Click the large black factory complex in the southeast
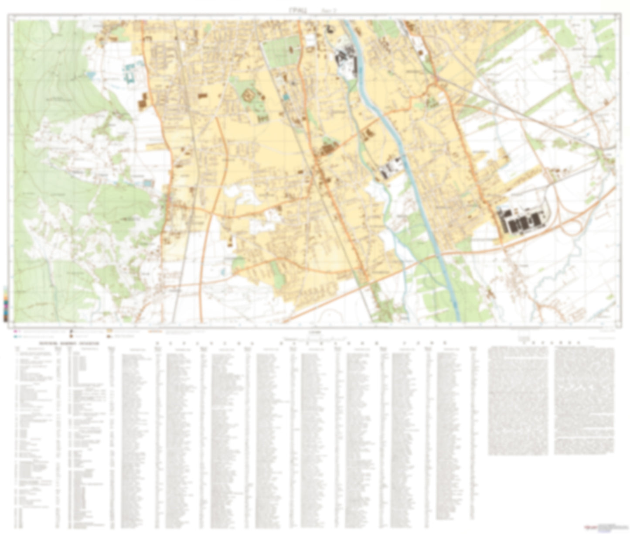coord(521,221)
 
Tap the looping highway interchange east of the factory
coord(576,226)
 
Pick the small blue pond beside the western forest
coord(91,75)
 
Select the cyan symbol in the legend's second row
coord(16,337)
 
